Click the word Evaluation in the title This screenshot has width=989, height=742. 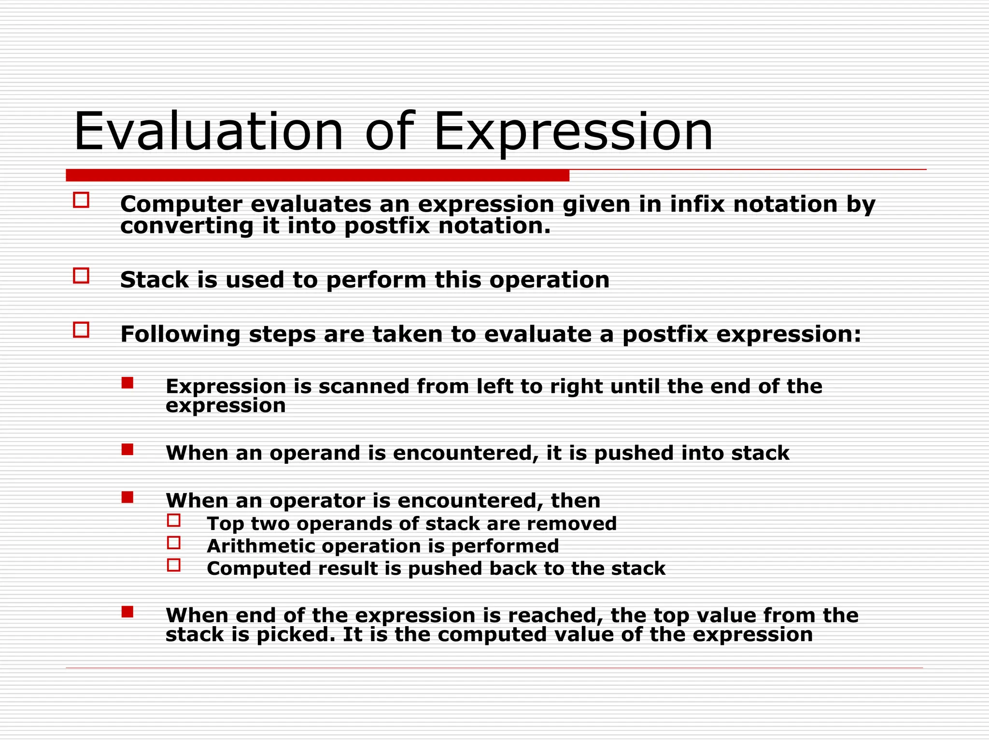(208, 131)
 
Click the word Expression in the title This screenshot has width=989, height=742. (573, 131)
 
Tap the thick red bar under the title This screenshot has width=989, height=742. (317, 175)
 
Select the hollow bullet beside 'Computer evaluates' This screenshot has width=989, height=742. (81, 200)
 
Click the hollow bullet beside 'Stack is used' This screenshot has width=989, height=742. (81, 276)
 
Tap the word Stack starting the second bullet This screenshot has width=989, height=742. (154, 280)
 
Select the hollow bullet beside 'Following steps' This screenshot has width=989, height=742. (81, 330)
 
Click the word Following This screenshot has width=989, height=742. (180, 334)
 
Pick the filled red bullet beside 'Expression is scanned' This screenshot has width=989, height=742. (127, 383)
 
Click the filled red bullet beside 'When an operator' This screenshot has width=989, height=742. (127, 497)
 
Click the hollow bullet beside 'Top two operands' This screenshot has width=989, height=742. (174, 520)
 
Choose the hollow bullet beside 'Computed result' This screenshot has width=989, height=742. (174, 565)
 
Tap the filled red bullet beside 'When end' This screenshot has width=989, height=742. (127, 612)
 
